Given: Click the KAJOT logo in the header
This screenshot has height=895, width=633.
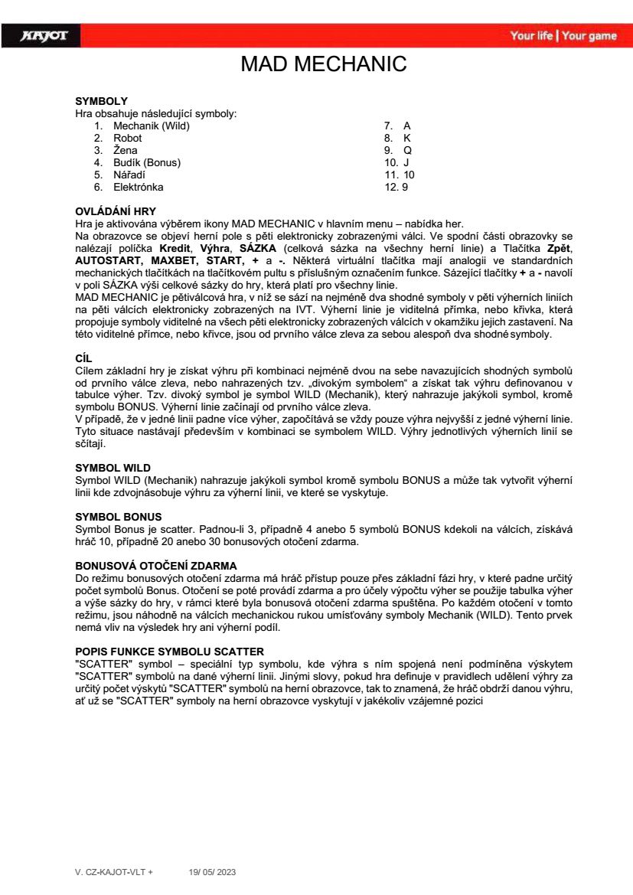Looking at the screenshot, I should [x=44, y=36].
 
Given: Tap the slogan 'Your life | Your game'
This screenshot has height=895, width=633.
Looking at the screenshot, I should [x=563, y=36].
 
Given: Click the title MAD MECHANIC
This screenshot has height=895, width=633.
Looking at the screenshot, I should [x=324, y=64].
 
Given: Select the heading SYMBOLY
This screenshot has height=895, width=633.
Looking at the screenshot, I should [x=101, y=101].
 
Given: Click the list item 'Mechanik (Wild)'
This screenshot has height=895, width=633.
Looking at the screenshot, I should [x=152, y=126].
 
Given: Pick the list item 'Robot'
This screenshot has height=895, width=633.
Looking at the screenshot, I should [x=128, y=138].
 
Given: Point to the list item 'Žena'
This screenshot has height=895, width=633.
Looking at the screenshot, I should [x=126, y=150].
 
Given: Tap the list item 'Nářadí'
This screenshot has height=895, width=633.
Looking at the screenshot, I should [x=129, y=175].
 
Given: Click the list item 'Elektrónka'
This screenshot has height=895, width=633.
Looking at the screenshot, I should [x=139, y=187].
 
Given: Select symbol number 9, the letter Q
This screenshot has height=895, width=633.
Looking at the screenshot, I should [x=407, y=150].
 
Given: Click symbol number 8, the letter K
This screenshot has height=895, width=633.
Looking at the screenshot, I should [x=407, y=138].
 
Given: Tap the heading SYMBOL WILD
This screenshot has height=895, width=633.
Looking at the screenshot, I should [x=113, y=466].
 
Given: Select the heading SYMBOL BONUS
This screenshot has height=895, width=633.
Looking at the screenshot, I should [x=118, y=518].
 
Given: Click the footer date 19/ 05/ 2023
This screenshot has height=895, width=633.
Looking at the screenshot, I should [x=213, y=871].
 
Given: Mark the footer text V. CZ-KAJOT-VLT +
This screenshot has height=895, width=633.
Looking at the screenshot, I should [x=114, y=871].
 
